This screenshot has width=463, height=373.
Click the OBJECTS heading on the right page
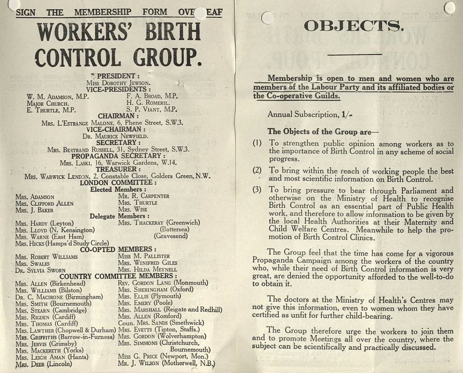[353, 26]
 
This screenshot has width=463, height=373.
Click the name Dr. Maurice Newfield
[115, 136]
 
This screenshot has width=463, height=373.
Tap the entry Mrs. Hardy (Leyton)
[45, 223]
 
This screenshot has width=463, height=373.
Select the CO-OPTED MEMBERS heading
[118, 249]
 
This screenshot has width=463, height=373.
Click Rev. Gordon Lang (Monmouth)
[163, 282]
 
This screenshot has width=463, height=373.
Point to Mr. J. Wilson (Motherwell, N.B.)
[166, 363]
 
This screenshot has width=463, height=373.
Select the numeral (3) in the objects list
[258, 190]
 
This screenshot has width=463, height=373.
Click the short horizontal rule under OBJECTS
[354, 54]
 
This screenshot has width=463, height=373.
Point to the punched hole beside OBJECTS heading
[267, 17]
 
